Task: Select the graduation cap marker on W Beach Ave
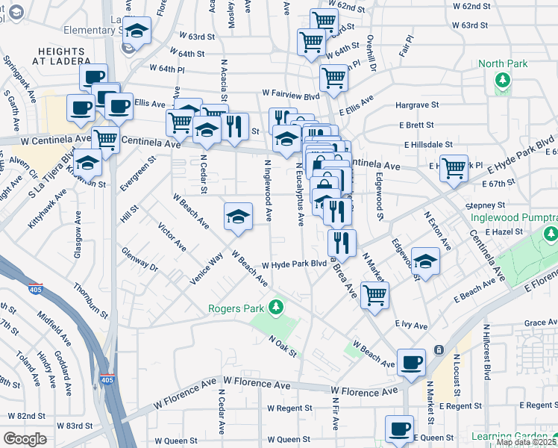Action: (238, 217)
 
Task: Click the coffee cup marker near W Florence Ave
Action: (411, 363)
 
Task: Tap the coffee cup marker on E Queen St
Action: (399, 429)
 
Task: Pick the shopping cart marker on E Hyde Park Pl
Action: (454, 169)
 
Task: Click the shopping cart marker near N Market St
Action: (374, 294)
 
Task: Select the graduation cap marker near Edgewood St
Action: (424, 261)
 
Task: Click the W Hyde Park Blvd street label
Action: (295, 264)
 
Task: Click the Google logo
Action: (25, 439)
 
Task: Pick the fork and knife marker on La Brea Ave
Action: (342, 242)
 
